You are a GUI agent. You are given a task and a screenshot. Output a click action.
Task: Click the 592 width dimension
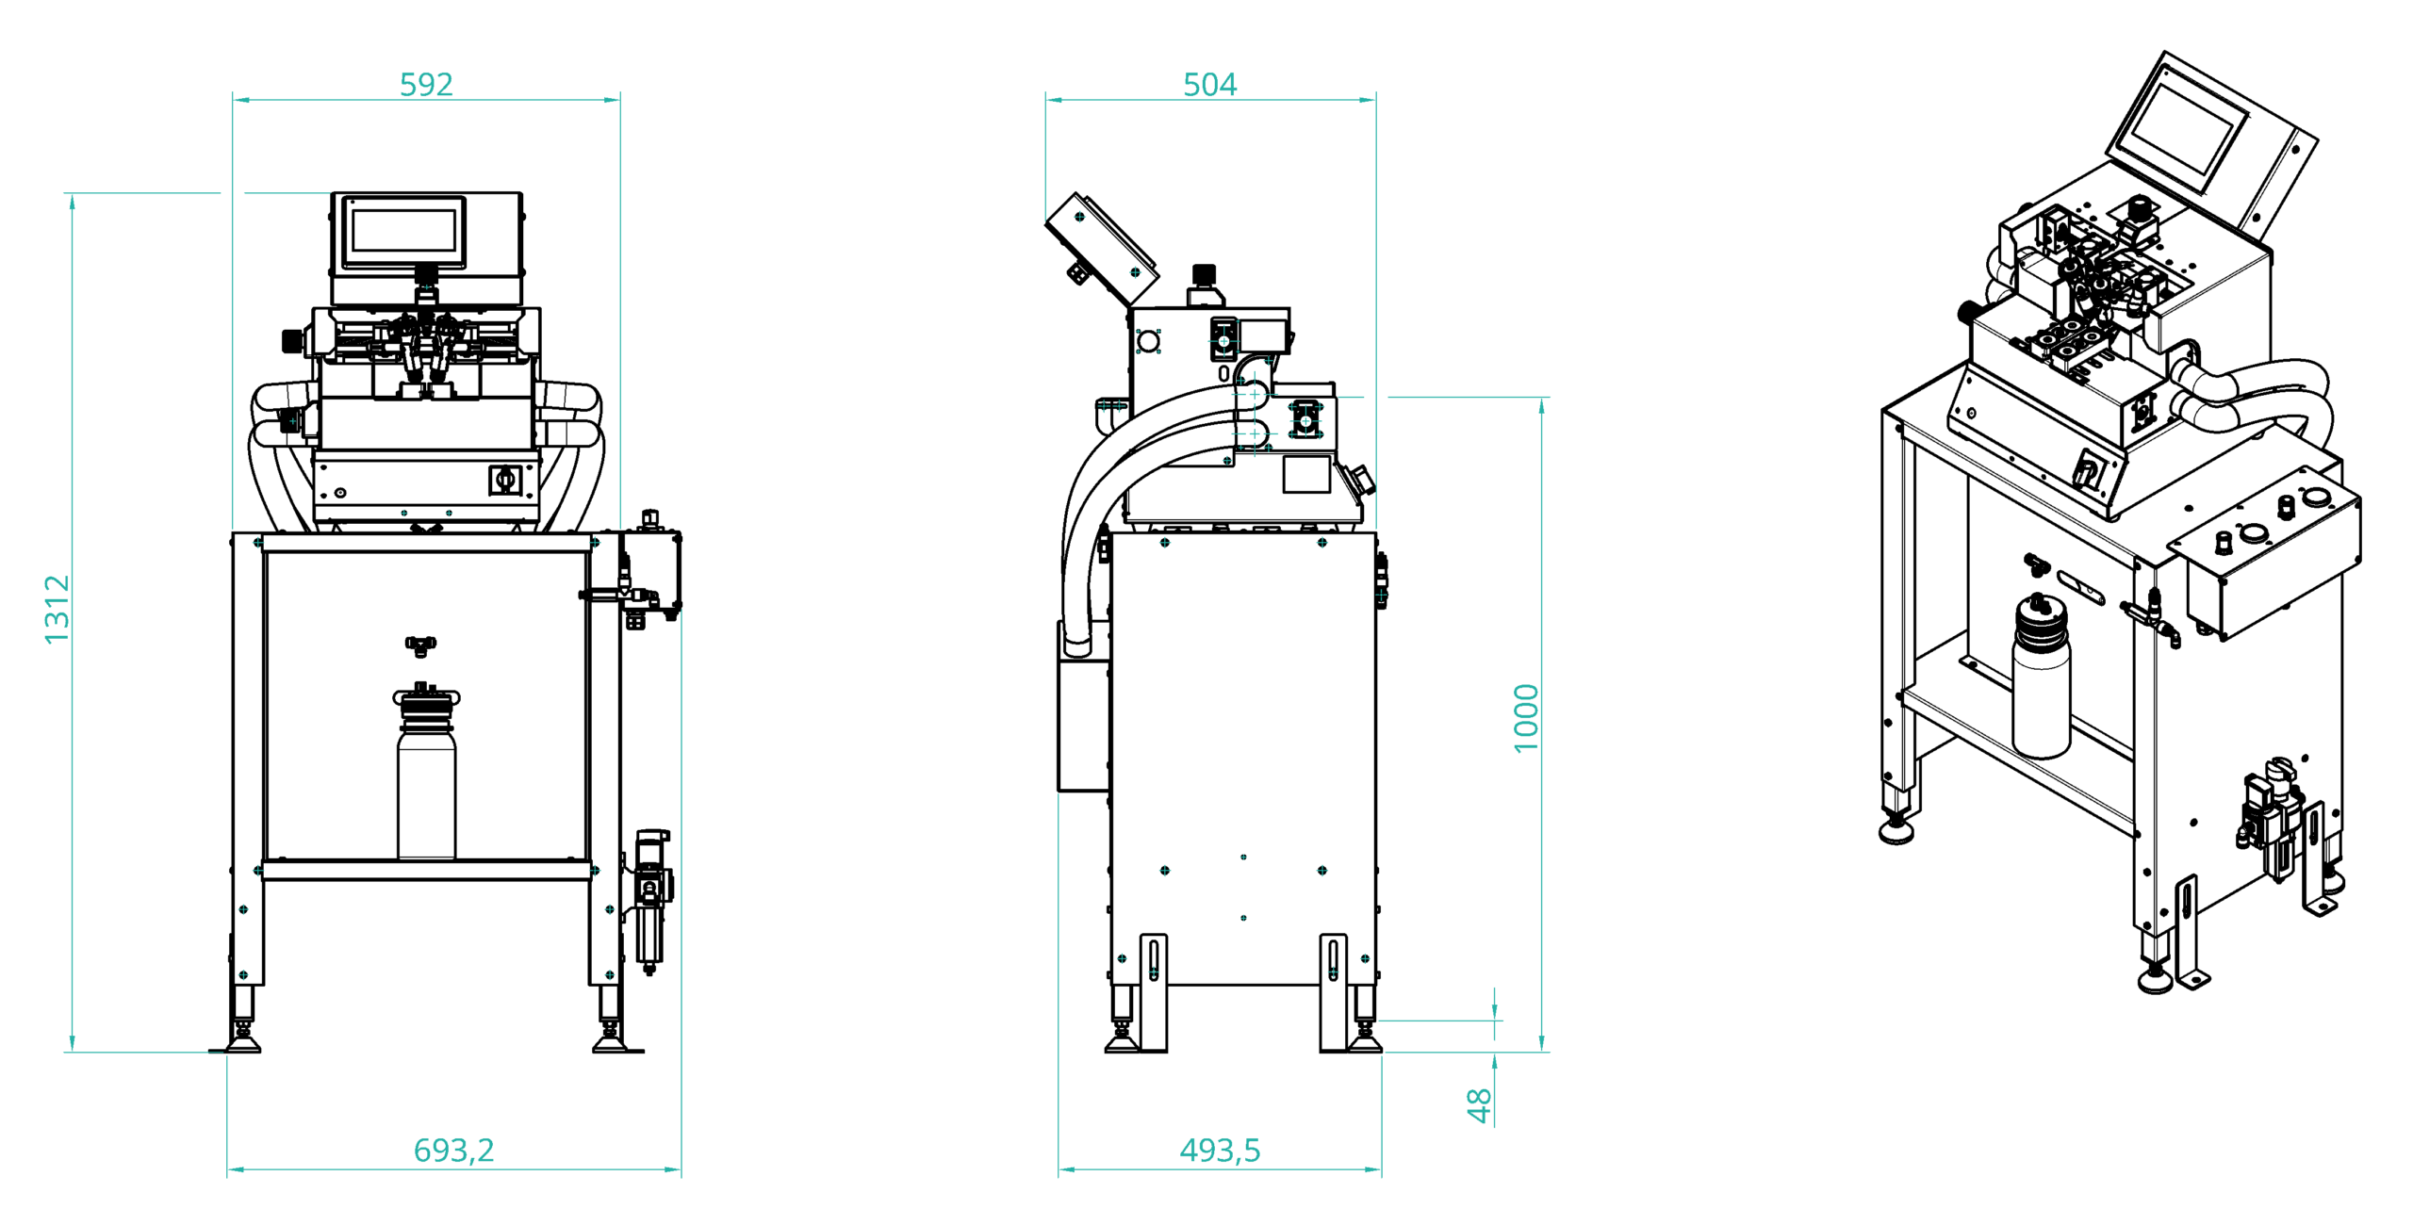[426, 85]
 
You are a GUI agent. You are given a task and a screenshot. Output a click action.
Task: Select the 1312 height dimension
[57, 610]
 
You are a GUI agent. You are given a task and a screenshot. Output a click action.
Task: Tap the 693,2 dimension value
[453, 1150]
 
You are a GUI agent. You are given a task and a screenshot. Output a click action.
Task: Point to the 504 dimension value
[1209, 85]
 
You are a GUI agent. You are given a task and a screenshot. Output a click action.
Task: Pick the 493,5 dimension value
[1220, 1150]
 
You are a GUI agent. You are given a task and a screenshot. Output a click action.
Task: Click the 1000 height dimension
[1526, 718]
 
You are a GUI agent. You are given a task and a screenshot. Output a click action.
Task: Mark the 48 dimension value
[1480, 1105]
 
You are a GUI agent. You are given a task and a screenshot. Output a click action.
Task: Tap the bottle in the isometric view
[2041, 676]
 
